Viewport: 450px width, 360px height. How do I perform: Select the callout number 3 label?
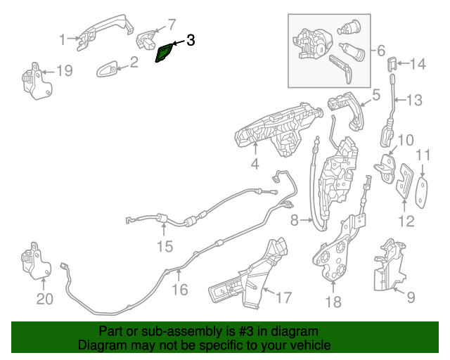tap(189, 41)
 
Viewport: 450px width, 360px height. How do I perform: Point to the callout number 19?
tap(64, 70)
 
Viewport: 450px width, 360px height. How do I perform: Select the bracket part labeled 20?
tap(34, 262)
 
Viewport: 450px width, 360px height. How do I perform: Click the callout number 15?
tap(164, 246)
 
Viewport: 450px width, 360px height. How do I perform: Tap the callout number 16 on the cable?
tap(180, 288)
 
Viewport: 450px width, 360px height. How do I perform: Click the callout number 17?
tap(282, 298)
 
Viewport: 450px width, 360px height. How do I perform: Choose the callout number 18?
tap(333, 302)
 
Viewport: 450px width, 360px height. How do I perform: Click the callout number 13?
tap(414, 101)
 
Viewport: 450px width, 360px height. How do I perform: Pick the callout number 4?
tap(255, 165)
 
